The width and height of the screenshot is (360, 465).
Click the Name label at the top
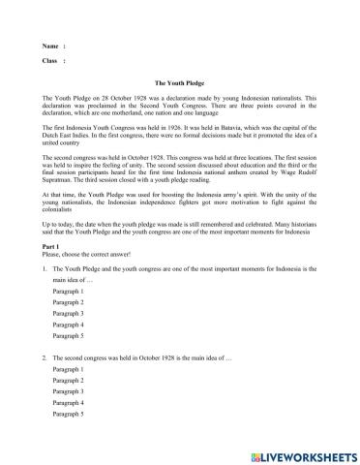pyautogui.click(x=50, y=46)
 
